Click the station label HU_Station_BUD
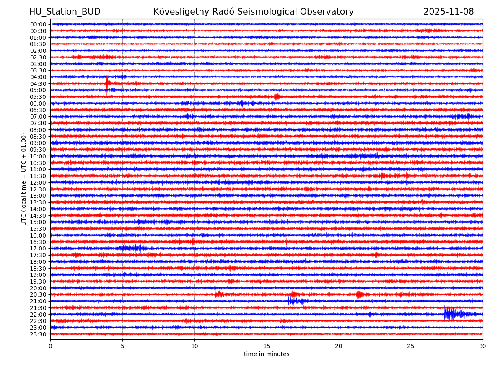pos(65,12)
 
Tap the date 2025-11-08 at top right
pos(449,12)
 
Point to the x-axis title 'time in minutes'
pos(267,354)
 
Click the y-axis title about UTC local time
pos(24,179)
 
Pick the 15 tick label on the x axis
pos(267,346)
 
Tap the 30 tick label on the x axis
pos(483,346)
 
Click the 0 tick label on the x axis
pos(50,346)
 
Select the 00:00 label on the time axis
pos(38,24)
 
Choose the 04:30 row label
pos(38,84)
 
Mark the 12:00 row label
pos(38,183)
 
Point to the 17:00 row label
pos(38,248)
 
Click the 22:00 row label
pos(38,315)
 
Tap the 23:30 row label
pos(38,334)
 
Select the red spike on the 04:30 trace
pos(107,83)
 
